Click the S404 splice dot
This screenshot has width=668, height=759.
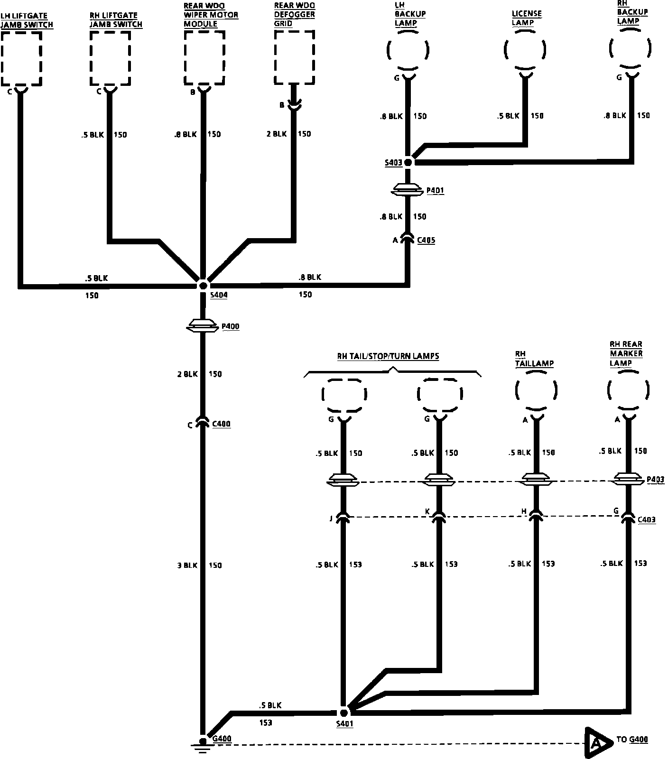pos(203,286)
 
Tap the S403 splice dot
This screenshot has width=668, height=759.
pos(408,162)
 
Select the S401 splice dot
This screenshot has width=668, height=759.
pos(344,713)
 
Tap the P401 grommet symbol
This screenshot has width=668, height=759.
pos(408,190)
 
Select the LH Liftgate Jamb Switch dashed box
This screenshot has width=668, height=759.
pos(22,58)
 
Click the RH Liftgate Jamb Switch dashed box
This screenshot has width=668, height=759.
pos(110,58)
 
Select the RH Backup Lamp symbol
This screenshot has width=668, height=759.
pos(630,48)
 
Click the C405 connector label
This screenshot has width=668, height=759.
pos(426,241)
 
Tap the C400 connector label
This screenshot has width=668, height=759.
pos(221,424)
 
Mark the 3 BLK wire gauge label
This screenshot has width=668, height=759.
pos(187,565)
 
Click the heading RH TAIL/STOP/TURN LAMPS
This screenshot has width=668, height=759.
pos(388,356)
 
